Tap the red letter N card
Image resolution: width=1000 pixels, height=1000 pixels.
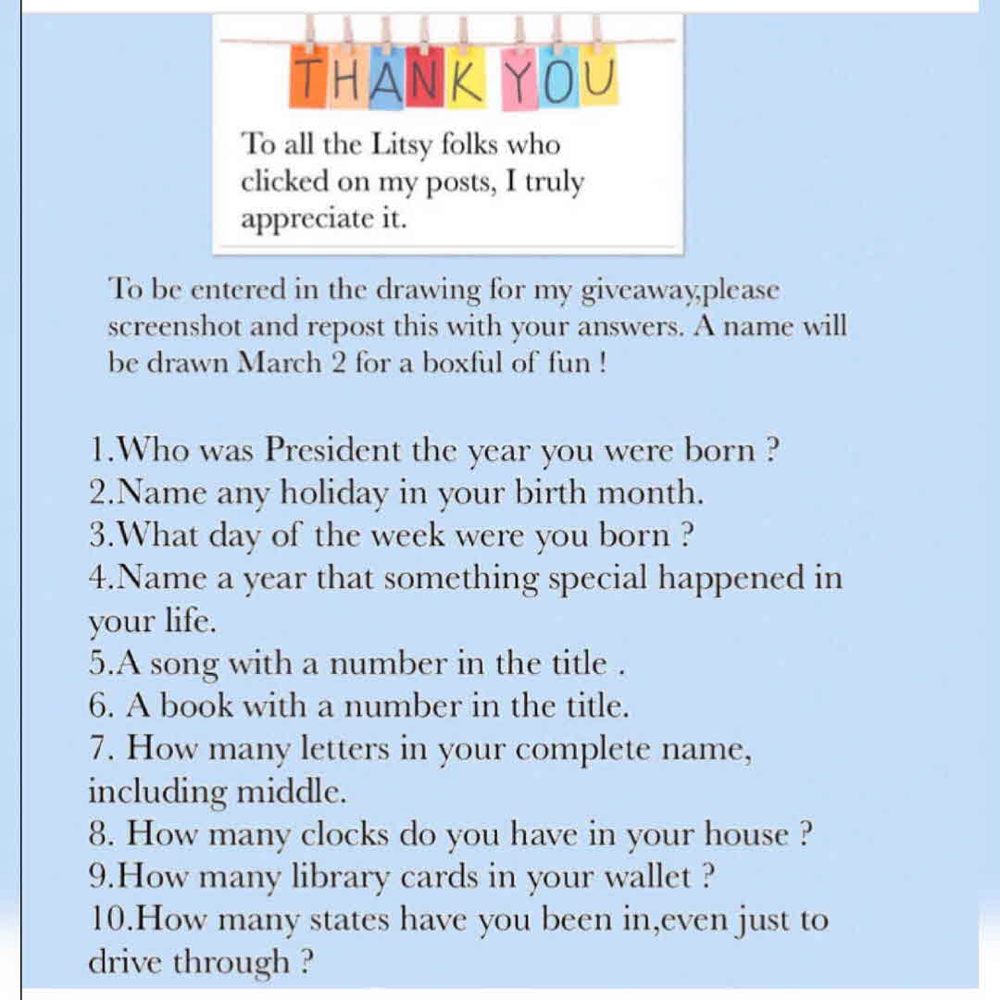coord(425,79)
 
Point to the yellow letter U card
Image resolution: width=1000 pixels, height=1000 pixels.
coord(598,79)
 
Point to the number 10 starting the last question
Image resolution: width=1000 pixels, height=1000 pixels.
coord(109,919)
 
